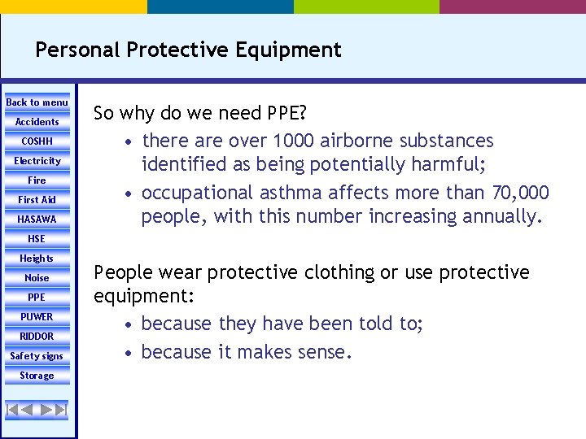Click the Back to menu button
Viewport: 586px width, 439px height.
[37, 102]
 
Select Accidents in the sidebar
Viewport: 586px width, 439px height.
[37, 122]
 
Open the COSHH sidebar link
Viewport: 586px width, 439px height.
[37, 141]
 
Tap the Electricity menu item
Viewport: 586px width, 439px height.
[37, 161]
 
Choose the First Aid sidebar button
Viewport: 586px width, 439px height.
[37, 200]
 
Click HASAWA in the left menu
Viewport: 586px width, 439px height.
[37, 219]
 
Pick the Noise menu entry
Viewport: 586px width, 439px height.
[37, 278]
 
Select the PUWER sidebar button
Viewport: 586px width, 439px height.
[37, 317]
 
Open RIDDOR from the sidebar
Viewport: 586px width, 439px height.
[37, 337]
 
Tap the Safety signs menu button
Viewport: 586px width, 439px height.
[37, 356]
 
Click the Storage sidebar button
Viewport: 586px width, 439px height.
[37, 376]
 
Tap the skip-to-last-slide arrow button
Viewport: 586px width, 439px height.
[61, 410]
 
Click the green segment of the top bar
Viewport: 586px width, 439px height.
[366, 7]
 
